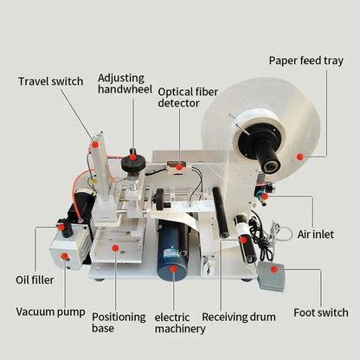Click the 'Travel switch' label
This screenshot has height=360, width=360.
[51, 81]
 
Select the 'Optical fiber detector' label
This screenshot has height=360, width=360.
[184, 96]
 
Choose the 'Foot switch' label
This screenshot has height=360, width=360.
[319, 312]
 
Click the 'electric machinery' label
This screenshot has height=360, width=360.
[181, 322]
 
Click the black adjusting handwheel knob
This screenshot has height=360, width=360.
[132, 163]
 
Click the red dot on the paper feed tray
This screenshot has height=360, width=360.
[299, 156]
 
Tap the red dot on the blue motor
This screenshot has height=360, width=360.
[174, 269]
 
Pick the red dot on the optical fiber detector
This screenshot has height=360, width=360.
[179, 165]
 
